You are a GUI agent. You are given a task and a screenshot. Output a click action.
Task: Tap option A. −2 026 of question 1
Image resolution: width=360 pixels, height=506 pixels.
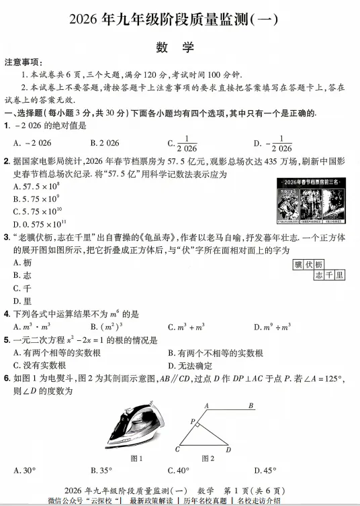(x=32, y=143)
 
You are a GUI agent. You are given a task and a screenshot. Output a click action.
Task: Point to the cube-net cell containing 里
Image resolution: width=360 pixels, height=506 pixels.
(x=340, y=274)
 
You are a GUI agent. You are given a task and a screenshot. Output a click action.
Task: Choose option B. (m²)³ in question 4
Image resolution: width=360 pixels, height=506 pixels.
(x=105, y=327)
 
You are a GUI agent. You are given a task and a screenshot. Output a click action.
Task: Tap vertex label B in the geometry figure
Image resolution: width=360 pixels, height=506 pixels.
(x=251, y=405)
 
